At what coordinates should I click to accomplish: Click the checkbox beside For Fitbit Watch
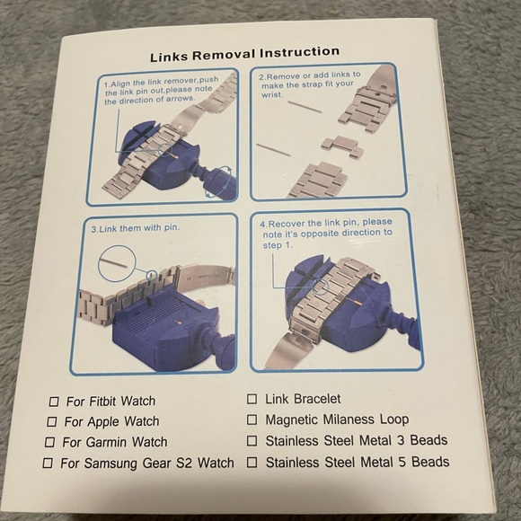(54, 402)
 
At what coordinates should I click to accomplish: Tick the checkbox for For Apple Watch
(52, 421)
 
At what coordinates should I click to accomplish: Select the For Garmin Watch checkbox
(49, 442)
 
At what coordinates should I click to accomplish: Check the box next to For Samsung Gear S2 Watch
(48, 463)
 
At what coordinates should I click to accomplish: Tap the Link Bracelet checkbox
(252, 399)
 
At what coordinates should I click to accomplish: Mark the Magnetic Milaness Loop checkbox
(252, 419)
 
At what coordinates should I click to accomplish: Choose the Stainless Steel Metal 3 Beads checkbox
(252, 441)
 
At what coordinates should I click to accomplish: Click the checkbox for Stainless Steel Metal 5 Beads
(252, 463)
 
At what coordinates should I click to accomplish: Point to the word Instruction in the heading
(300, 52)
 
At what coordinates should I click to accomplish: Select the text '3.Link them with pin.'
(136, 228)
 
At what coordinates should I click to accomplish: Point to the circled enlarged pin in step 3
(117, 264)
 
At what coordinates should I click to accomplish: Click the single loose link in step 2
(342, 146)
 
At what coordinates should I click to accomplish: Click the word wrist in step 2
(271, 95)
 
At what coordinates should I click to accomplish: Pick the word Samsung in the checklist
(111, 464)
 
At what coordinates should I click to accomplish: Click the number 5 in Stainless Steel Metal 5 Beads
(402, 463)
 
